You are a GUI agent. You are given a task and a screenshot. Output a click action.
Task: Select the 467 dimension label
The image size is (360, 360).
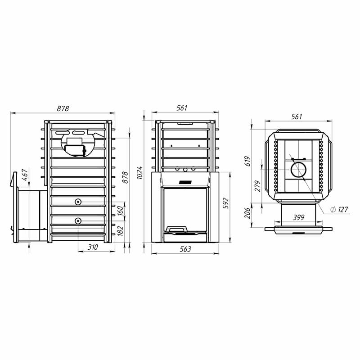(25, 175)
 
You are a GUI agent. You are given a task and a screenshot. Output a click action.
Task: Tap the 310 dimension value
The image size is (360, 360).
(93, 247)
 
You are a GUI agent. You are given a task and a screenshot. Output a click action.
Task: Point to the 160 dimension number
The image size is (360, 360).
(120, 211)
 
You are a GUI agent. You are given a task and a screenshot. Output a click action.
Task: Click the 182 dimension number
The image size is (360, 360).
(120, 231)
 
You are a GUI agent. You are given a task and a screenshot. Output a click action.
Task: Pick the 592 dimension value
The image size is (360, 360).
(226, 203)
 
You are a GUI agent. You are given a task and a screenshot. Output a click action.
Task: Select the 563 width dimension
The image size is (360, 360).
(185, 249)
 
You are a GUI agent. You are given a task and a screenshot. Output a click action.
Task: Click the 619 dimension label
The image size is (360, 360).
(247, 161)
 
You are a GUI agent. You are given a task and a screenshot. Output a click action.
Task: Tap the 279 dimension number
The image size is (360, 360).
(257, 186)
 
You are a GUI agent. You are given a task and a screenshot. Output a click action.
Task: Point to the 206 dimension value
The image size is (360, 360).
(247, 213)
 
